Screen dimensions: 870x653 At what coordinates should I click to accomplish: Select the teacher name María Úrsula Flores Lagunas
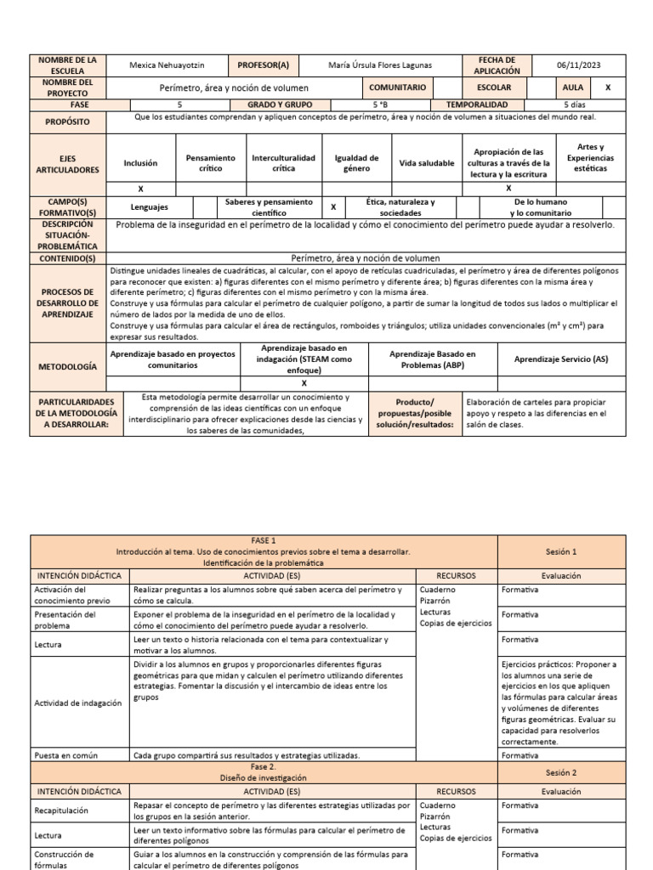[x=381, y=65]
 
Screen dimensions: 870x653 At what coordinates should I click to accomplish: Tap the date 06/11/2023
[x=578, y=65]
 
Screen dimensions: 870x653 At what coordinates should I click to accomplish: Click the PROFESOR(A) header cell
[x=263, y=65]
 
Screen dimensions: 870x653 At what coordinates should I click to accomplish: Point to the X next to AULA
[x=607, y=88]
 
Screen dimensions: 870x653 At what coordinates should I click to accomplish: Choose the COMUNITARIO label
[x=397, y=88]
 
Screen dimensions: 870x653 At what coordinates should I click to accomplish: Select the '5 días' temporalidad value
[x=578, y=105]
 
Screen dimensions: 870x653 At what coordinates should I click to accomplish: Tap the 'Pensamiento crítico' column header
[x=210, y=163]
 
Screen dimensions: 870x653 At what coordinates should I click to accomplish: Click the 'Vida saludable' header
[x=426, y=163]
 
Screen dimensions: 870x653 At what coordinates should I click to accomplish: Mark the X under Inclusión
[x=140, y=189]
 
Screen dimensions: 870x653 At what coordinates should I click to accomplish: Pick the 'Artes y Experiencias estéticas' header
[x=590, y=157]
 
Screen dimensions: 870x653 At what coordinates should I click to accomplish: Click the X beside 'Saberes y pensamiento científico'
[x=333, y=206]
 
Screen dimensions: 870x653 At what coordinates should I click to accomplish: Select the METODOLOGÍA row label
[x=68, y=366]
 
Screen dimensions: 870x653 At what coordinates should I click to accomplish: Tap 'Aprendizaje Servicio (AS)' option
[x=561, y=359]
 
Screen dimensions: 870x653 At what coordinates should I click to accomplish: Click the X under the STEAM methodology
[x=304, y=382]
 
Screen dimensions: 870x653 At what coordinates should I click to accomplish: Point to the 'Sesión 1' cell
[x=561, y=551]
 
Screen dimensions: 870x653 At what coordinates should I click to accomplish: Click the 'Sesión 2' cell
[x=561, y=772]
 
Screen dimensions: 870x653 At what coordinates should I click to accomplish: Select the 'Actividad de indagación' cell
[x=77, y=703]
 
